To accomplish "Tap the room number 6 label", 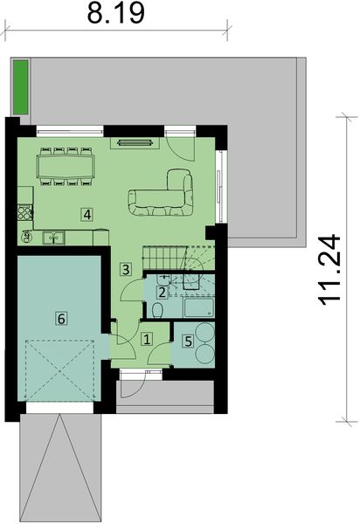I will (x=60, y=319).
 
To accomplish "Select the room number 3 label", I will (x=126, y=269).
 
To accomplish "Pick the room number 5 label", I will (x=187, y=341).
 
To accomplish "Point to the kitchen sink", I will (x=54, y=236).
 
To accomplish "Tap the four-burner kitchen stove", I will (x=24, y=210).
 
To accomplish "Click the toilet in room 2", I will (x=156, y=310).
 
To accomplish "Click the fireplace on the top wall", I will (x=138, y=140).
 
